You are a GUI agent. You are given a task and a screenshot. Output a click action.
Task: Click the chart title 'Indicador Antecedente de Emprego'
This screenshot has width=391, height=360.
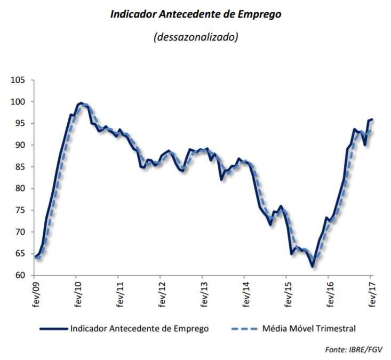pyautogui.click(x=195, y=14)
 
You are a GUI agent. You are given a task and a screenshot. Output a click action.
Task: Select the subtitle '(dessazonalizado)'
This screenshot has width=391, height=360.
pyautogui.click(x=195, y=37)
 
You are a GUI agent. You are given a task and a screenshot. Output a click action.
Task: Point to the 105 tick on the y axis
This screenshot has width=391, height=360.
pyautogui.click(x=18, y=80)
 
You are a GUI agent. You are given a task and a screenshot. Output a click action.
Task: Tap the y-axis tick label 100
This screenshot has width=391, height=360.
pyautogui.click(x=18, y=102)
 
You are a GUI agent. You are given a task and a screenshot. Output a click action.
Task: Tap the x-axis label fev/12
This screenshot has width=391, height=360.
pyautogui.click(x=161, y=293)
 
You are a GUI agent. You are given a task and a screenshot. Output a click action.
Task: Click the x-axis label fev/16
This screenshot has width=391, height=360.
pyautogui.click(x=329, y=293)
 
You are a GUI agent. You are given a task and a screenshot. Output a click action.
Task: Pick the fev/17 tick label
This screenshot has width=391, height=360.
pyautogui.click(x=371, y=293)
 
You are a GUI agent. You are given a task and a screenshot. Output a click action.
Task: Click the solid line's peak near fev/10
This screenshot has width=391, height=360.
pyautogui.click(x=81, y=102)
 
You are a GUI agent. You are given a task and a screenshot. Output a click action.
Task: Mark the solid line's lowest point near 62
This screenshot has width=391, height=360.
pyautogui.click(x=312, y=266)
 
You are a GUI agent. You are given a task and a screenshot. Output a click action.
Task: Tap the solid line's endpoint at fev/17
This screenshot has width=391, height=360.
pyautogui.click(x=372, y=119)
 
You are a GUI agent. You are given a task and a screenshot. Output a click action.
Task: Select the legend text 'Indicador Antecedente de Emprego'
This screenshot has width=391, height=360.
pyautogui.click(x=139, y=329)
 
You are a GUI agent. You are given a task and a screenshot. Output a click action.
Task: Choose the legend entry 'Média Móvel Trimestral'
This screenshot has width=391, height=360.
pyautogui.click(x=309, y=329)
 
